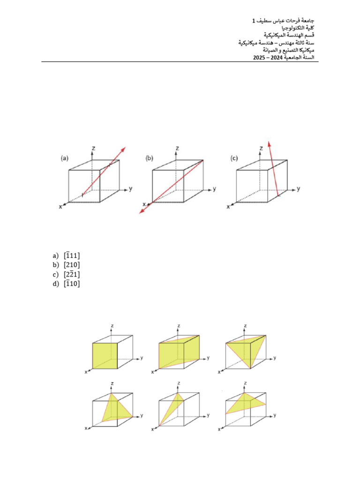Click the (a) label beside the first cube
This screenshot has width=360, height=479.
point(65,158)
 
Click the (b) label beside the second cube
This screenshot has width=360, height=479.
point(150,158)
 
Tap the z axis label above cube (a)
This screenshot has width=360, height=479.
point(94,148)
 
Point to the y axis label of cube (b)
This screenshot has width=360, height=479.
point(215,189)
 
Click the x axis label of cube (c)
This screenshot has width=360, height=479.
point(228,206)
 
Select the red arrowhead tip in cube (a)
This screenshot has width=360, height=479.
point(125,148)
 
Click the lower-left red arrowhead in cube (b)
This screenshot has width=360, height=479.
point(141,213)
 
